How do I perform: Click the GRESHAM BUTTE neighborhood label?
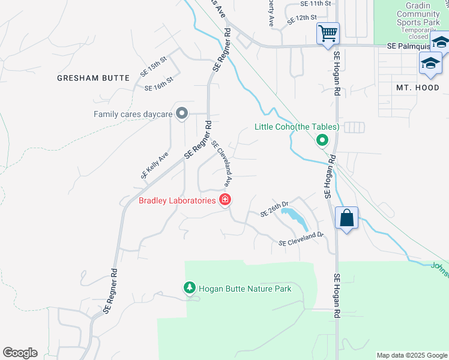pos(93,78)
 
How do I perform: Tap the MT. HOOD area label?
pos(418,88)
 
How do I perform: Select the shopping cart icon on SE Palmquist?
pos(328,33)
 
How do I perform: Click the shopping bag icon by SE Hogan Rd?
pos(347,217)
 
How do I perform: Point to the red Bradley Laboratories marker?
pos(225,200)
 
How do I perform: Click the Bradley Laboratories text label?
pos(177,200)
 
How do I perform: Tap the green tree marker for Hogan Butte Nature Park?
pos(190,289)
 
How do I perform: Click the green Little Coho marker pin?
pos(322,141)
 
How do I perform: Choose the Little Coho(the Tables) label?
pos(297,127)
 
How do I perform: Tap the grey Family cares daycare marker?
pos(183,113)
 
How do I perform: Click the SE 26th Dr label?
pos(274,209)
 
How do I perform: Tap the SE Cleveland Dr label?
pos(301,239)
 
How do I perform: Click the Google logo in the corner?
pos(20,353)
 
